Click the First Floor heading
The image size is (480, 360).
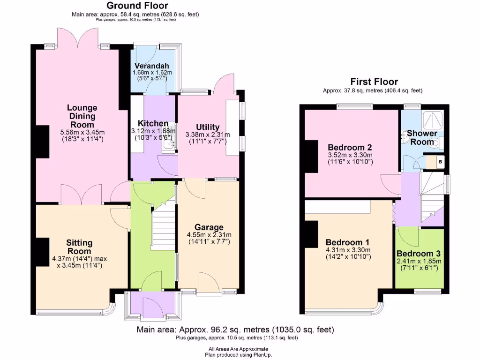click(374, 82)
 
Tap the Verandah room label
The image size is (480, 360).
click(152, 66)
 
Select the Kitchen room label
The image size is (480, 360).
click(153, 123)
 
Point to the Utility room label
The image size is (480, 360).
click(208, 127)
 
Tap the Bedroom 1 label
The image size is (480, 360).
click(348, 242)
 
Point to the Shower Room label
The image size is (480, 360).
click(421, 137)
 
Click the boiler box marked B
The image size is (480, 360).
click(440, 162)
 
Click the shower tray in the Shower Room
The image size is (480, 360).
click(434, 120)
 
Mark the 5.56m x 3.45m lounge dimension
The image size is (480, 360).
click(82, 132)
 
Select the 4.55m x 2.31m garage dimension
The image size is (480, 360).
click(209, 235)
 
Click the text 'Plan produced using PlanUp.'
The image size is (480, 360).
click(239, 355)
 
